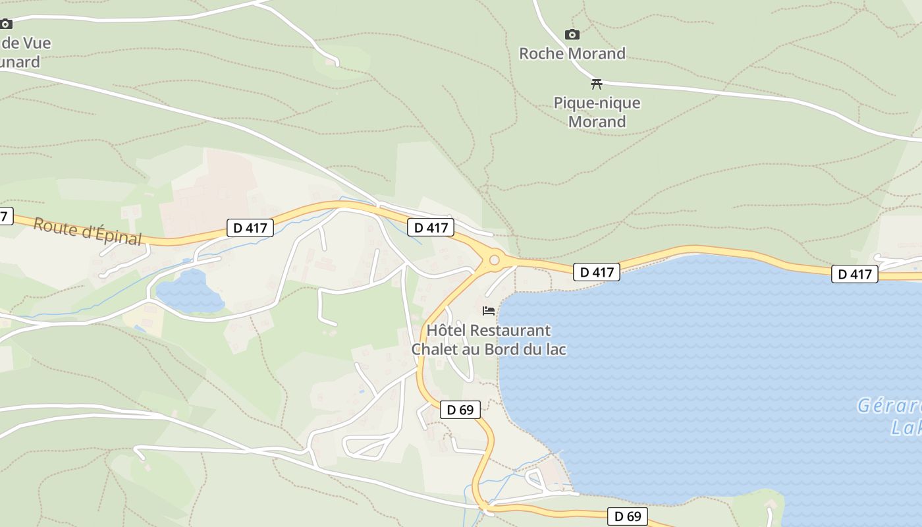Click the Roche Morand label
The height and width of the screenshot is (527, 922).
coord(572,53)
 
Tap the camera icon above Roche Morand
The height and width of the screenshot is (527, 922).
coord(572,34)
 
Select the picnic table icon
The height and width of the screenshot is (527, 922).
coord(597,84)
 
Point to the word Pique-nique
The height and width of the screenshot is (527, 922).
coord(597,103)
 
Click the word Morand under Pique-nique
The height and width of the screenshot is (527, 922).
coord(597,122)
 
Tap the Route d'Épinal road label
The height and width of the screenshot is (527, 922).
coord(87,231)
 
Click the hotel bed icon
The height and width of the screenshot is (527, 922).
coord(489,310)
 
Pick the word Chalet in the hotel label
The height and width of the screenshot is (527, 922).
coord(435,349)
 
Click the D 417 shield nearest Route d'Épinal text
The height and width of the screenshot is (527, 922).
coord(250,228)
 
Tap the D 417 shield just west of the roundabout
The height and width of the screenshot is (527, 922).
coord(431,228)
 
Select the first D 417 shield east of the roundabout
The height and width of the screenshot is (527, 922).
coord(597,271)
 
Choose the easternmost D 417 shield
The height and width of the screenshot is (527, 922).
coord(854,274)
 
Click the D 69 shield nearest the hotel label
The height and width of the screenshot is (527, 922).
coord(460,410)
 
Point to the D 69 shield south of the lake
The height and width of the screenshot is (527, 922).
coord(628,516)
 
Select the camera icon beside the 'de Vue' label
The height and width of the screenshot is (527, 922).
coord(6,24)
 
